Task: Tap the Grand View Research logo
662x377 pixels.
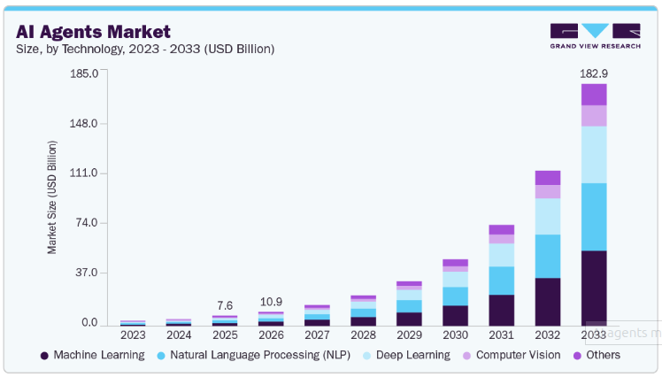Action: pos(594,35)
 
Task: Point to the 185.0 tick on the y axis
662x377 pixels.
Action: pos(83,73)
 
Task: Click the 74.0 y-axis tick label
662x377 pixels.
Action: pos(87,223)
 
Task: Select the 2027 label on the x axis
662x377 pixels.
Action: pos(317,335)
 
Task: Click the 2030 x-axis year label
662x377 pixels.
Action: pos(455,335)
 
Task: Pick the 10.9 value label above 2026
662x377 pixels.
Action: pos(271,301)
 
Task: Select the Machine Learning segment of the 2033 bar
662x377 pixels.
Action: pos(594,288)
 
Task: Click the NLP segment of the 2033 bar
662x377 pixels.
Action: pos(594,217)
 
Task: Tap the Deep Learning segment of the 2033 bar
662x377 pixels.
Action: pos(594,155)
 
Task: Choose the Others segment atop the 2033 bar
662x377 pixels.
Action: pos(594,95)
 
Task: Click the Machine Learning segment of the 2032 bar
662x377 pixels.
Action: pos(548,302)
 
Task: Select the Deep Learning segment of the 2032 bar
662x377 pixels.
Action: pos(548,216)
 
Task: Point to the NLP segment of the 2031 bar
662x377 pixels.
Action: pos(502,280)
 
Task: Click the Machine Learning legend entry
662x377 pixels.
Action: pos(92,355)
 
